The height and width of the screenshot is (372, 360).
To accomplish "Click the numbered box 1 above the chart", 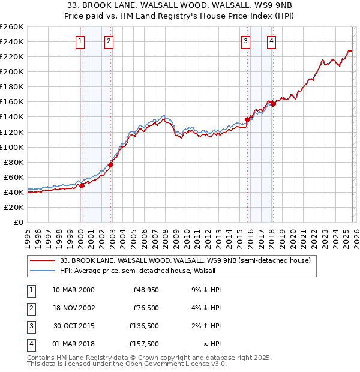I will tap(80, 41).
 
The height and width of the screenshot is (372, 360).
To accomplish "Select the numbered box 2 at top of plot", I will tap(109, 41).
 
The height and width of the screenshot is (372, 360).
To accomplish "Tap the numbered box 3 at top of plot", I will tap(246, 41).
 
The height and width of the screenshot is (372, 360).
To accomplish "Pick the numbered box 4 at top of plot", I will tap(272, 41).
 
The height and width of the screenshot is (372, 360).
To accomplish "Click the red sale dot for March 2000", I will tap(82, 185).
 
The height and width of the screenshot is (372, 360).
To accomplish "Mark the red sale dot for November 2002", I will tap(111, 164).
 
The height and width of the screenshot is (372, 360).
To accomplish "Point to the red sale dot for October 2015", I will tap(248, 119).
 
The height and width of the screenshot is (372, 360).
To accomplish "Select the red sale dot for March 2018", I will tap(273, 104).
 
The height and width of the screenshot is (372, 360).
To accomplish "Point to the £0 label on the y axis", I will tap(18, 222).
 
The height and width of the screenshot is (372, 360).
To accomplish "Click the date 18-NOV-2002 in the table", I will tap(73, 308).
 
